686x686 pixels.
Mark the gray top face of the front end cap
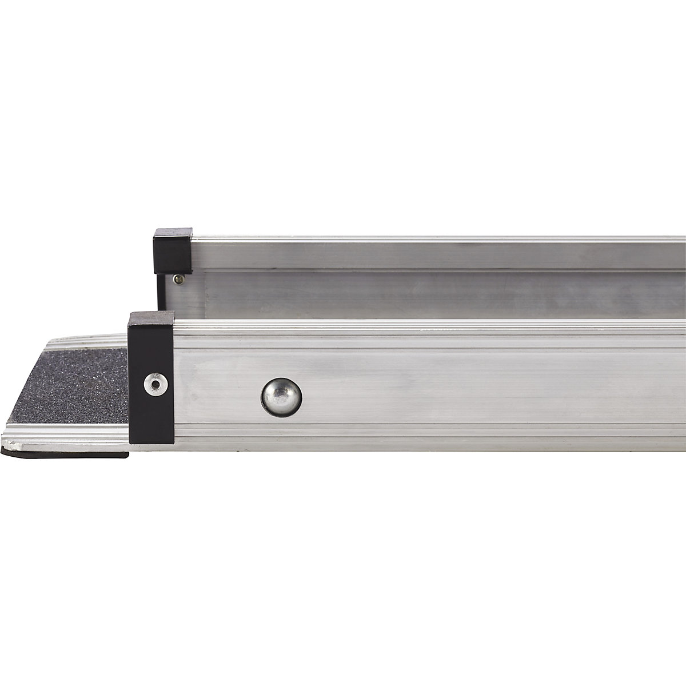tap(151, 315)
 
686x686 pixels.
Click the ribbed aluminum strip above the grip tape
tap(86, 342)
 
